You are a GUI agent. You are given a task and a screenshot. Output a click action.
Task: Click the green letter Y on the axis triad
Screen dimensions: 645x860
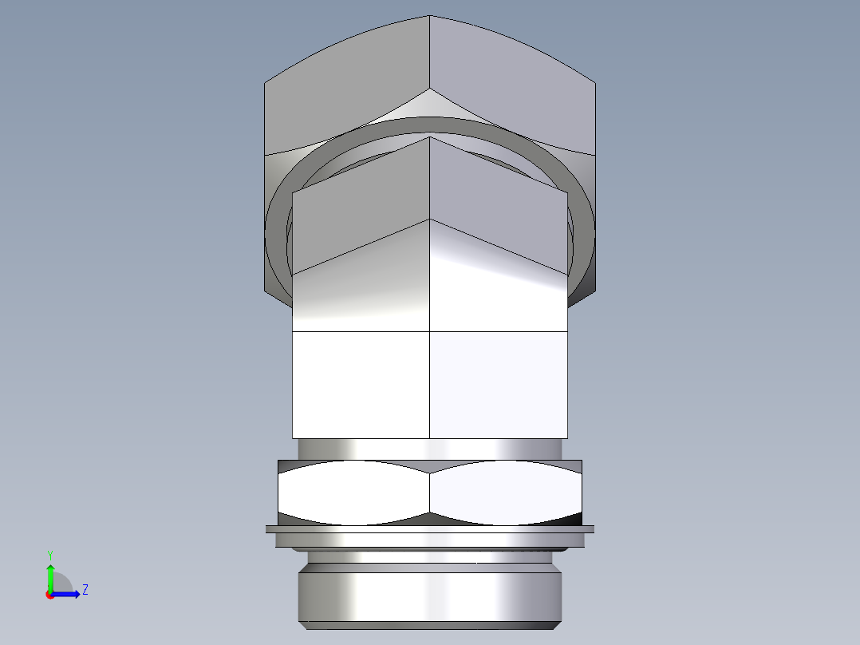(x=49, y=554)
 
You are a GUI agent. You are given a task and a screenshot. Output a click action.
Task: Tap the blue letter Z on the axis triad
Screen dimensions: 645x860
(x=85, y=590)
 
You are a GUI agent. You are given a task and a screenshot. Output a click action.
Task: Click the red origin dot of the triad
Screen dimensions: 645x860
(x=49, y=595)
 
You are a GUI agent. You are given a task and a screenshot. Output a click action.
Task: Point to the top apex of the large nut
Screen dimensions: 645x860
(x=430, y=17)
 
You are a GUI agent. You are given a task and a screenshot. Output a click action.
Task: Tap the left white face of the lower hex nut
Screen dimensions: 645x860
(x=351, y=493)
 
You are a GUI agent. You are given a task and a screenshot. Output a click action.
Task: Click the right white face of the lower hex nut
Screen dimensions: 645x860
(x=507, y=493)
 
